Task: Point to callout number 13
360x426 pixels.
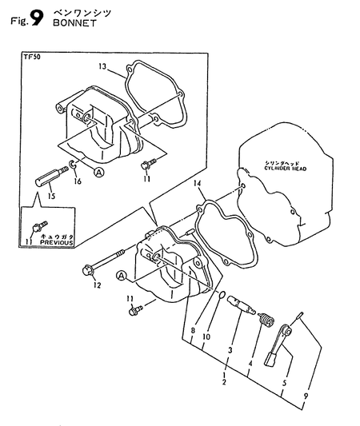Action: point(102,66)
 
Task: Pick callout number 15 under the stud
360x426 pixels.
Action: point(50,196)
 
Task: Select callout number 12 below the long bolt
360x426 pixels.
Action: point(97,284)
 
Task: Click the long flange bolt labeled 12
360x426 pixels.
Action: point(103,264)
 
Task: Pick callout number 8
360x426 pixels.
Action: point(192,329)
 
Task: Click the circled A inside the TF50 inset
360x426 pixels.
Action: point(98,171)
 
